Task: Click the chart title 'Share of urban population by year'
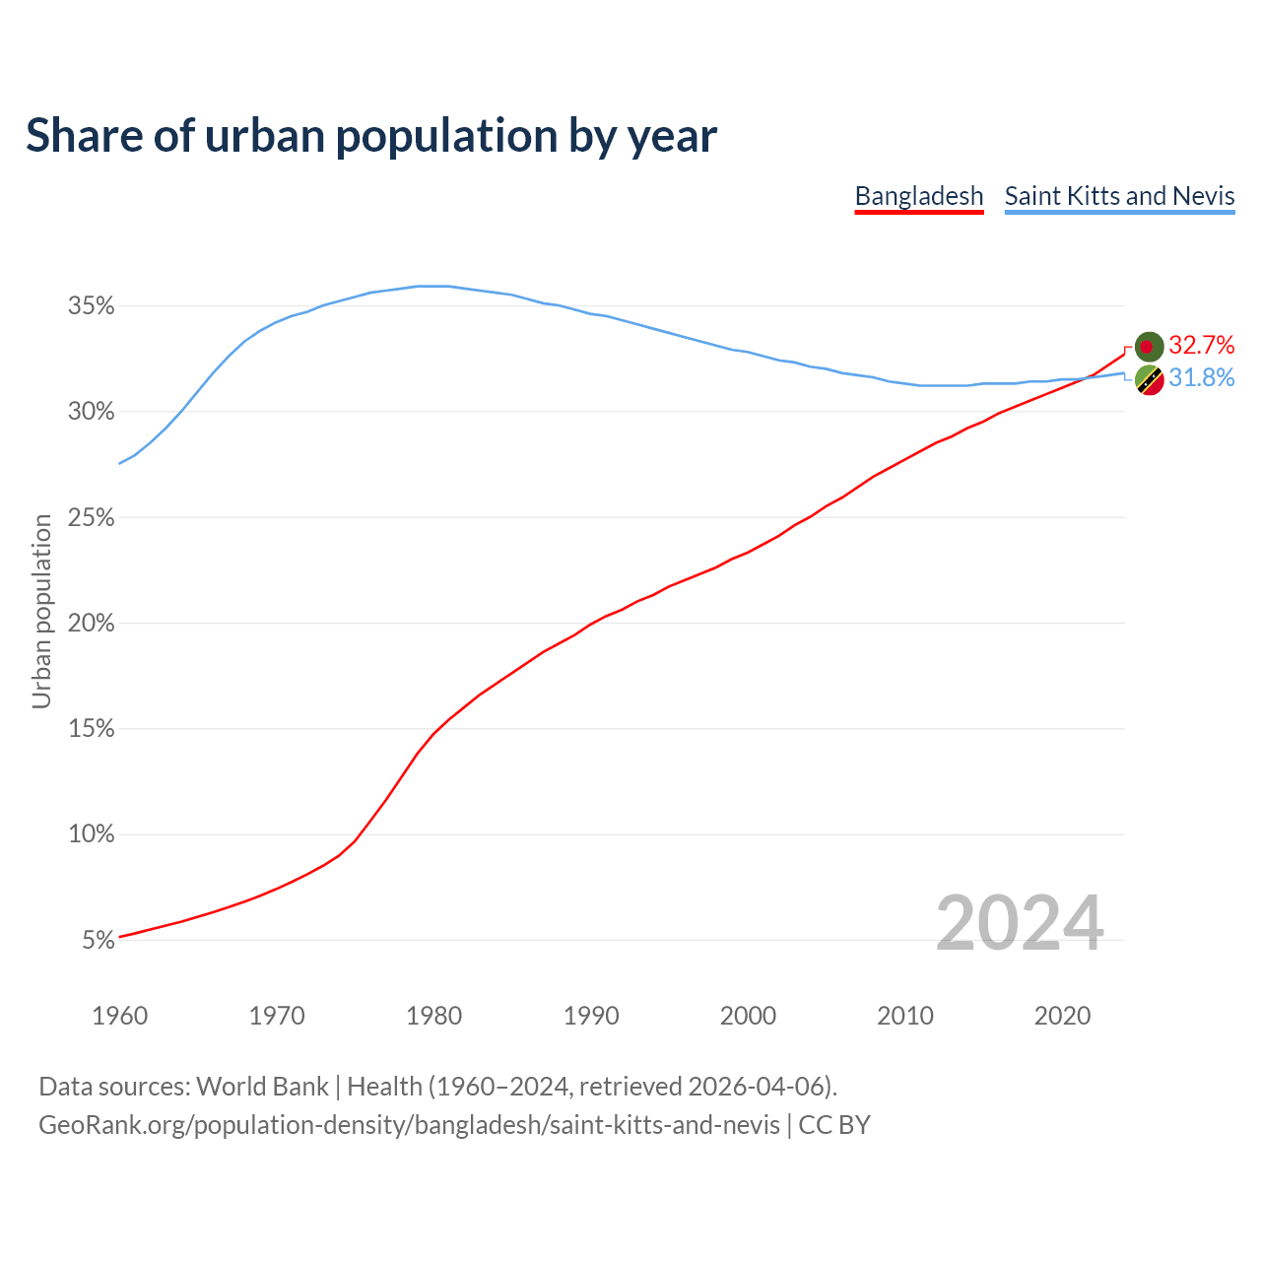point(371,136)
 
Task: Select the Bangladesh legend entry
point(918,196)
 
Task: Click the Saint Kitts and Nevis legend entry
point(1119,196)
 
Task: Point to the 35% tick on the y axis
point(92,306)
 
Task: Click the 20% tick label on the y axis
point(92,624)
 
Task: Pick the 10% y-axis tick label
point(92,834)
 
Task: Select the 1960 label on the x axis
point(119,1016)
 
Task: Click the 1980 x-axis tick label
point(434,1016)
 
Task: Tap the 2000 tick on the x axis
point(749,1016)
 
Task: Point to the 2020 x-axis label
point(1062,1016)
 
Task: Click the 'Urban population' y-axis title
point(41,611)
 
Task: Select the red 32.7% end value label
point(1202,345)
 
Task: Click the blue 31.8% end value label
point(1202,378)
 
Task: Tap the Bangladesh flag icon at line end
point(1149,346)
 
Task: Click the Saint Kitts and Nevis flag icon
point(1149,379)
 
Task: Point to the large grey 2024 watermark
point(1020,923)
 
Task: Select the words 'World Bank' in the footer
point(262,1087)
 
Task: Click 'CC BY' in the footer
point(834,1125)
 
